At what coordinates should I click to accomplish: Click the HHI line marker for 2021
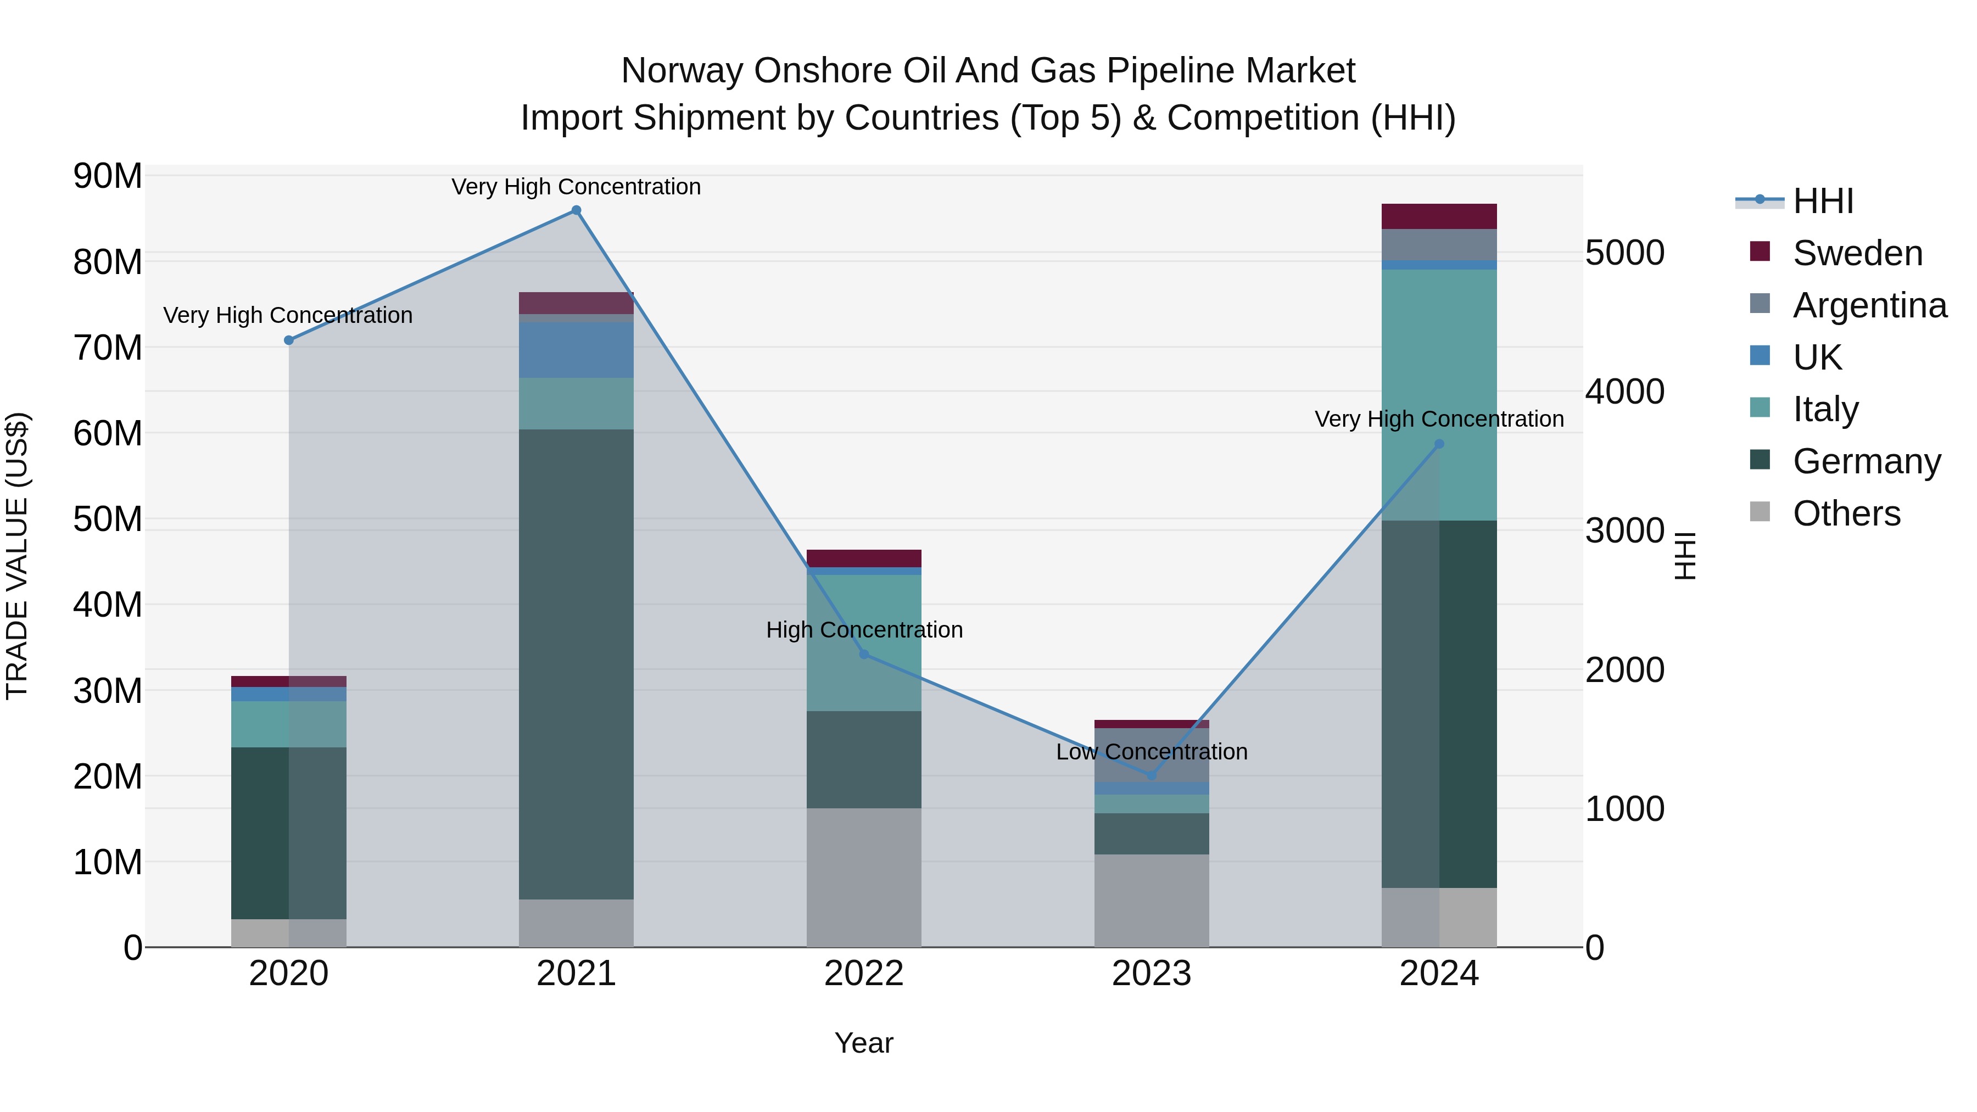(577, 210)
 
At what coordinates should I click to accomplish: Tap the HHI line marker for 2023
(1151, 775)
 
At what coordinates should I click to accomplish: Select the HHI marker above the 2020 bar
(288, 340)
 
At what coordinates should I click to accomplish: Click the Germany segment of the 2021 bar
(577, 664)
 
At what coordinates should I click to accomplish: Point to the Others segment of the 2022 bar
(863, 877)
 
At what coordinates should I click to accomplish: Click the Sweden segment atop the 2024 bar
(1439, 216)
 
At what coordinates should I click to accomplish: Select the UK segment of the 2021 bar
(577, 350)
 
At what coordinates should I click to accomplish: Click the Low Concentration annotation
(1151, 751)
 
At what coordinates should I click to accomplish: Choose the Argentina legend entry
(1869, 305)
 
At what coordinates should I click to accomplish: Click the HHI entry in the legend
(1823, 201)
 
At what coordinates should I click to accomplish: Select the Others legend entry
(1846, 513)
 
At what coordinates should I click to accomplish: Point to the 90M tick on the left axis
(108, 176)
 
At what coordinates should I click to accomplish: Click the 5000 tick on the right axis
(1625, 253)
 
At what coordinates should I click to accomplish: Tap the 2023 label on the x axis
(1151, 974)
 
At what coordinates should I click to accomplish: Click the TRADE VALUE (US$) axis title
(17, 556)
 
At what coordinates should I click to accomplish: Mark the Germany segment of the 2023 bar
(1151, 834)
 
